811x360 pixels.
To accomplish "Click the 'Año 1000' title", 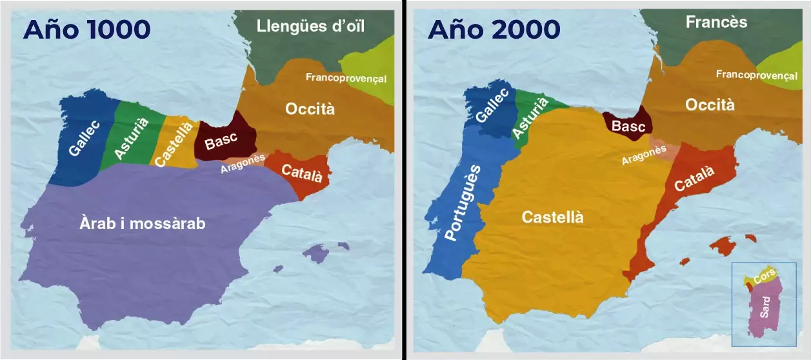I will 86,29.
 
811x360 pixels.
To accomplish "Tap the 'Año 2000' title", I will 494,29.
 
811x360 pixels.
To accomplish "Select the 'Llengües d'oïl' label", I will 310,26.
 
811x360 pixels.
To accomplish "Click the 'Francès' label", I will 716,23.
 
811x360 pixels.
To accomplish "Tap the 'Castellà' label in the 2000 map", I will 552,217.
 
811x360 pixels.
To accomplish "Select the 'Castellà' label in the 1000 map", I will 174,144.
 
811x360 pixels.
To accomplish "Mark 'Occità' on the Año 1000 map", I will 310,109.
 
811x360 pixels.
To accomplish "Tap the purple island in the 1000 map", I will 316,253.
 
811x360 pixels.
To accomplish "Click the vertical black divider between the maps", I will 405,180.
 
